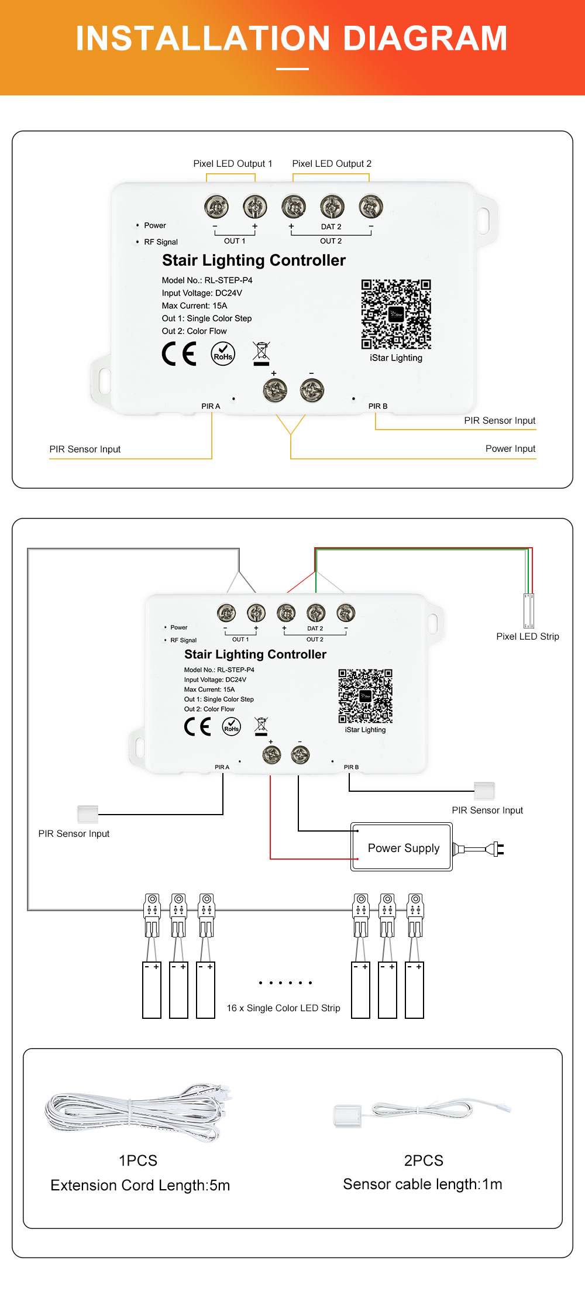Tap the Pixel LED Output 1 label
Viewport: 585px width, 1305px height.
click(x=233, y=164)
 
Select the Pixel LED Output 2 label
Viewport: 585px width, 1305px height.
click(x=332, y=164)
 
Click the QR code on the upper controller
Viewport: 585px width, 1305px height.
click(x=396, y=314)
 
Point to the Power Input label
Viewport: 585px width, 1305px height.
click(x=510, y=449)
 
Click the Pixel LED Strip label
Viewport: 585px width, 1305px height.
click(x=527, y=637)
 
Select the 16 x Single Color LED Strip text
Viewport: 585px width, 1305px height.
click(x=283, y=1008)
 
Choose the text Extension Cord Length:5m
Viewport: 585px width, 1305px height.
click(x=140, y=1186)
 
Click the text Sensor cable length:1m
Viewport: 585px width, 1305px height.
click(x=422, y=1184)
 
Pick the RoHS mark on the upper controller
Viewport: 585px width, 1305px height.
click(x=223, y=354)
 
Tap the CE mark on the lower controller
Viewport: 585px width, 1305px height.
click(x=197, y=726)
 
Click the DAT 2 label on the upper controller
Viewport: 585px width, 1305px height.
click(x=331, y=227)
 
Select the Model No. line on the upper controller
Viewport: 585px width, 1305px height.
click(x=207, y=280)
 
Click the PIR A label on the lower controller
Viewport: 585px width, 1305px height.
click(x=222, y=767)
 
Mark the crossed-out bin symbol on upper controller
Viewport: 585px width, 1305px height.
click(x=261, y=353)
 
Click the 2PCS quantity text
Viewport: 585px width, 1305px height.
click(x=424, y=1160)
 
